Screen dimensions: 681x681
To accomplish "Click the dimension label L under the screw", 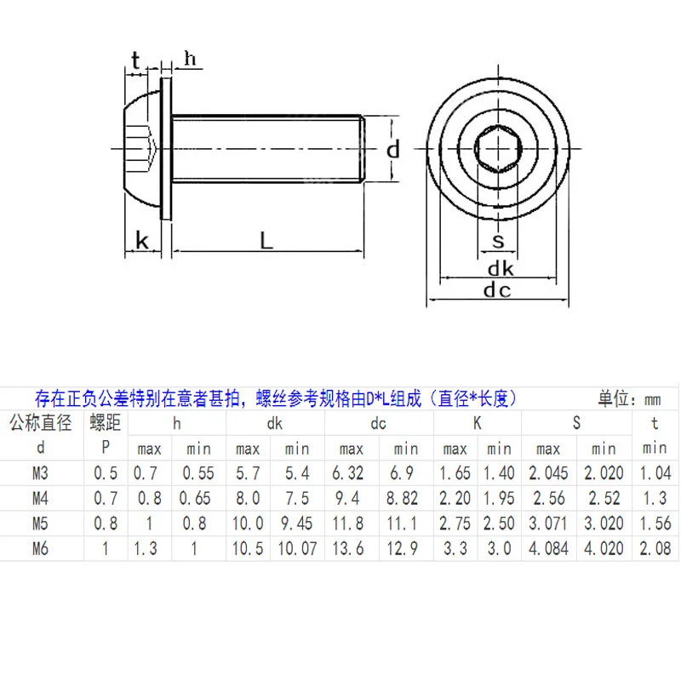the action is click(x=266, y=240).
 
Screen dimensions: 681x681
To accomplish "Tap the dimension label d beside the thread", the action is click(x=393, y=150).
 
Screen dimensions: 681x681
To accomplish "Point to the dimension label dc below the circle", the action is click(x=497, y=289).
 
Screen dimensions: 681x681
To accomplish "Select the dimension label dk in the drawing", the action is click(x=501, y=268).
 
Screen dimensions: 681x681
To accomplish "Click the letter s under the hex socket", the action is click(x=498, y=241).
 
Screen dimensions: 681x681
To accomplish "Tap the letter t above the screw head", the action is click(x=135, y=60).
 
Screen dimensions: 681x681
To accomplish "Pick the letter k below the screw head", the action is click(x=142, y=241).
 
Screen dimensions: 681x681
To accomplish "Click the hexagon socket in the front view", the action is click(x=498, y=149).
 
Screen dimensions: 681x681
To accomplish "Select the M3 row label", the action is click(x=40, y=473).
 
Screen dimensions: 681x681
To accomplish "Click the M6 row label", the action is click(x=40, y=548).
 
